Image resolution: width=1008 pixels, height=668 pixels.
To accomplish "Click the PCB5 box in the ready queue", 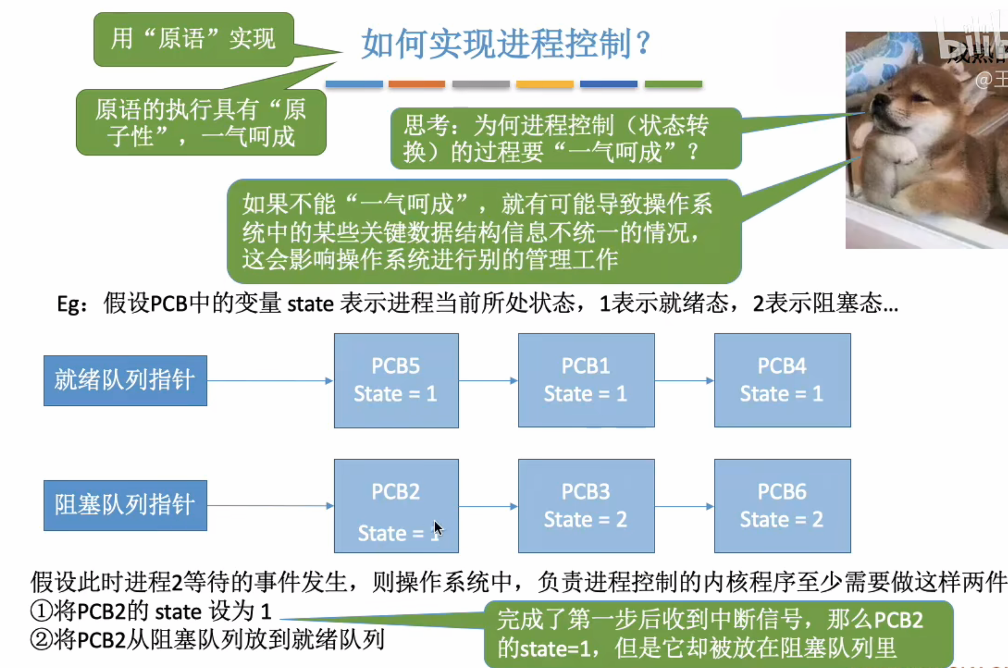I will click(x=396, y=380).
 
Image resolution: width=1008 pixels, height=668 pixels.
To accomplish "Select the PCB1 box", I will click(x=586, y=380).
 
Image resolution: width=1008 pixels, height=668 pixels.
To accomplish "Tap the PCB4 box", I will click(x=782, y=380).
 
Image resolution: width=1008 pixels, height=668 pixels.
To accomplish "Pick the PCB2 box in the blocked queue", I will click(x=396, y=506).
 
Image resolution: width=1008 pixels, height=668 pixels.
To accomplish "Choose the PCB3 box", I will click(x=586, y=506).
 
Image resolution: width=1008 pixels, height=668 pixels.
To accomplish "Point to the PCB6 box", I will click(x=782, y=506).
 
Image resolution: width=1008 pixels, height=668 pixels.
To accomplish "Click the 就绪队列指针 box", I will click(x=125, y=380).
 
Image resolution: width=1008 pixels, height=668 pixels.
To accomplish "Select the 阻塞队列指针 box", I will click(x=125, y=506).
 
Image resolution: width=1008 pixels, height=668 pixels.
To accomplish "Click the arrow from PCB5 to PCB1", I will click(x=488, y=380).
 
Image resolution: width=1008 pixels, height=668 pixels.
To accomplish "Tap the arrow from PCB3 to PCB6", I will click(x=684, y=507).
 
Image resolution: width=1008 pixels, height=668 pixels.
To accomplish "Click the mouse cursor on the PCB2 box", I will click(x=438, y=529).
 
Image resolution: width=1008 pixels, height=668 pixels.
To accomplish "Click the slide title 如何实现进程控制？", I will click(x=505, y=43).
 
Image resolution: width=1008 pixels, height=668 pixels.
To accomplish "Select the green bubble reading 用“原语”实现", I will click(x=194, y=39).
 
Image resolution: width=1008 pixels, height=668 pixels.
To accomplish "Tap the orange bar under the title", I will click(x=417, y=84).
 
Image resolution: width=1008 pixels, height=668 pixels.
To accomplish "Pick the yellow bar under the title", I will click(x=545, y=84).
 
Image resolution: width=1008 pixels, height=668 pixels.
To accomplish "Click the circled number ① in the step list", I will click(x=41, y=611).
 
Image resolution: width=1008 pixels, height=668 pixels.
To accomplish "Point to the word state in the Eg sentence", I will click(x=310, y=304).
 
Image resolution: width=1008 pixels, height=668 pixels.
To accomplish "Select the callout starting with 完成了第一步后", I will click(x=718, y=634).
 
